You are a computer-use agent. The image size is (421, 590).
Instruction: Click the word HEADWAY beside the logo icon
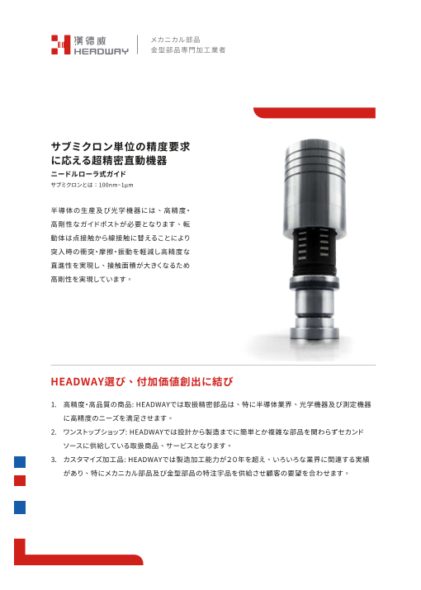100,51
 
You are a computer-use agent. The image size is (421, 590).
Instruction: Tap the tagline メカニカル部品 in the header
175,39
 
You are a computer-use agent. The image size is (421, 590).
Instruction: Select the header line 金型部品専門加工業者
187,50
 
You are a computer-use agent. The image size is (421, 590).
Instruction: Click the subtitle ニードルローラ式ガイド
88,175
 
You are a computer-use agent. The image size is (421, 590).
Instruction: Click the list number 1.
54,405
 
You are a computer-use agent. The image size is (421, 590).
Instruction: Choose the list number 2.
54,432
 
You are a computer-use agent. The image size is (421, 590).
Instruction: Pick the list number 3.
54,459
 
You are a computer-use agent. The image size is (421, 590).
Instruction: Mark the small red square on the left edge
20,480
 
